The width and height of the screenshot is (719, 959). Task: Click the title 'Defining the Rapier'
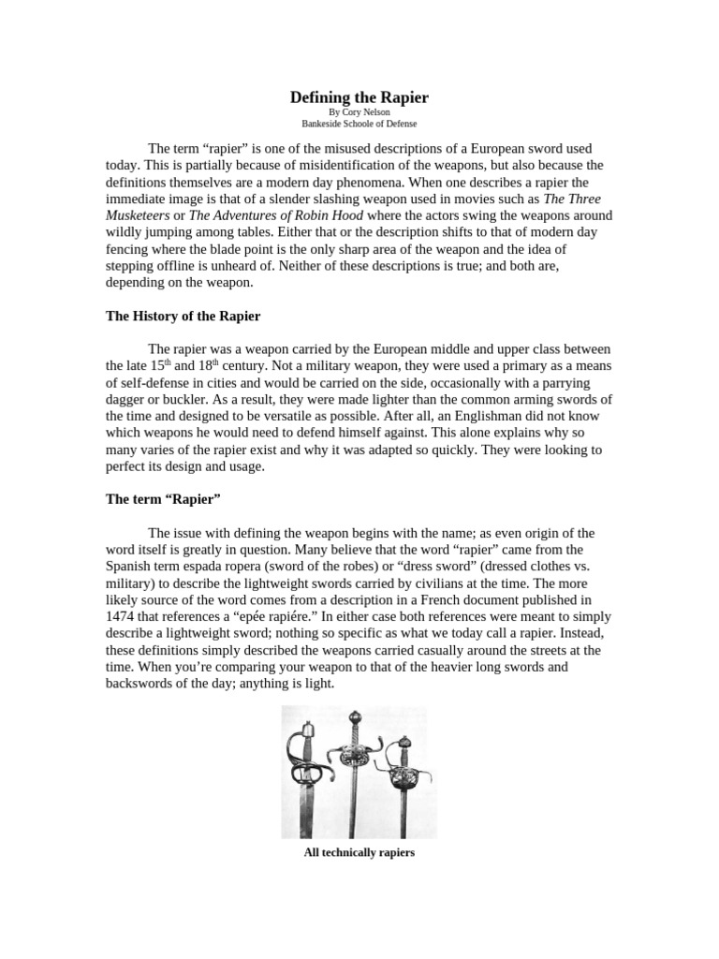click(359, 96)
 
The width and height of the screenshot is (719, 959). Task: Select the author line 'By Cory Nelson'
click(359, 111)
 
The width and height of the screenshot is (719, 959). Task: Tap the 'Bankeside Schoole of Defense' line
click(359, 123)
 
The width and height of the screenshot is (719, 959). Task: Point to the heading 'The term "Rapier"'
click(163, 499)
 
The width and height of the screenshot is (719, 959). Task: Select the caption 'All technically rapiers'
click(359, 853)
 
